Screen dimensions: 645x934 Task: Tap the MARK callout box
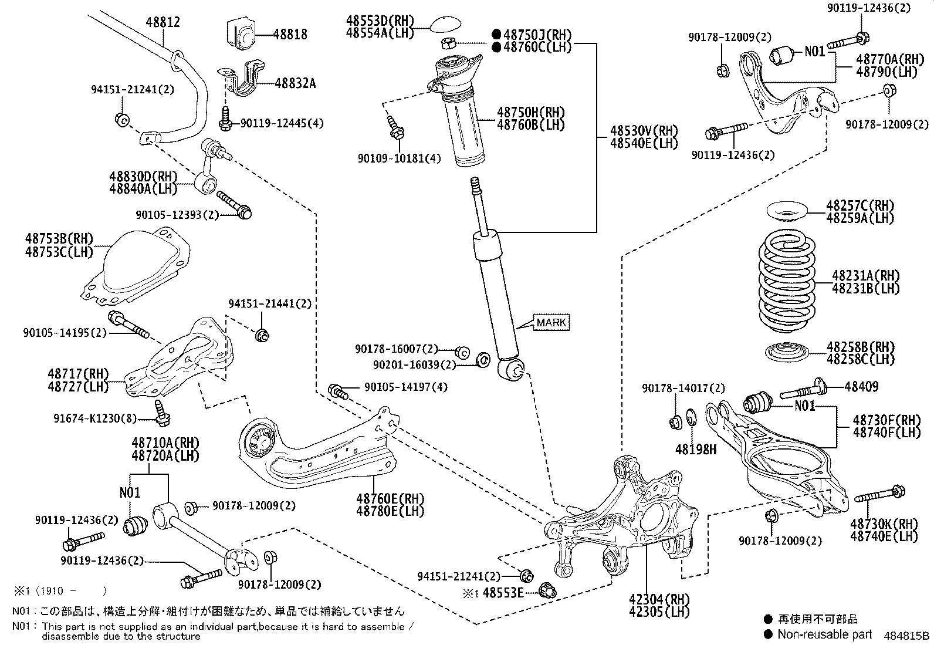[x=551, y=322]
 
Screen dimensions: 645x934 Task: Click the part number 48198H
[x=695, y=450]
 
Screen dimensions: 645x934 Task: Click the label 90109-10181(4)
[x=399, y=158]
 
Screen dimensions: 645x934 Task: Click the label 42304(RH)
[x=660, y=599]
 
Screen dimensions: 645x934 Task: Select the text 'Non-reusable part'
[x=824, y=634]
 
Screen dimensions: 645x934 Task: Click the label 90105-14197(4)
[x=405, y=387]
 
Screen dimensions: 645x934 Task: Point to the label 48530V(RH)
[x=643, y=130]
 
